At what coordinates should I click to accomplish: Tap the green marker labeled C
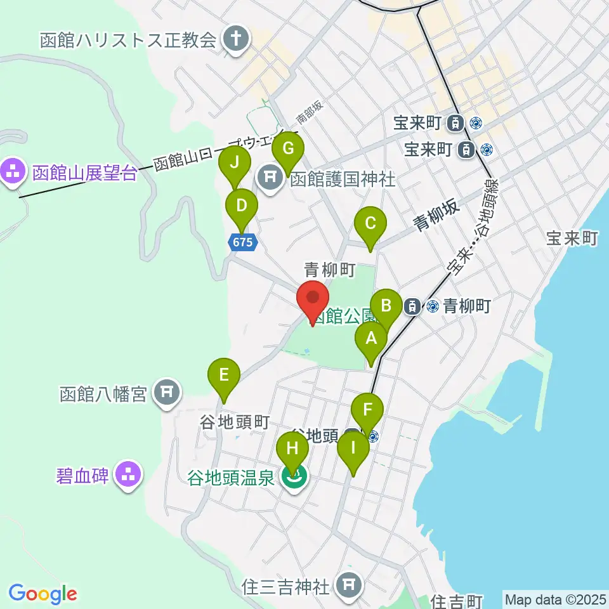370,224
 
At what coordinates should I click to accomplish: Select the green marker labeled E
224,375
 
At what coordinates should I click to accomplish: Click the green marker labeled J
235,163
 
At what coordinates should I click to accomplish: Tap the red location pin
313,298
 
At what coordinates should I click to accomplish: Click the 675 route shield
243,242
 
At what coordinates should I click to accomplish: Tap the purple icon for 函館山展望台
12,170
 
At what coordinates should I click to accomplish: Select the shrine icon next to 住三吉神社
348,584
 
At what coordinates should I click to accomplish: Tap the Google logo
43,594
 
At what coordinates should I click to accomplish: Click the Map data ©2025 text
554,599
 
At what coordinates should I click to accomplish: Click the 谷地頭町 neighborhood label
235,422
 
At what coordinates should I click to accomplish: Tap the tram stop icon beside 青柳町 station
412,306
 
